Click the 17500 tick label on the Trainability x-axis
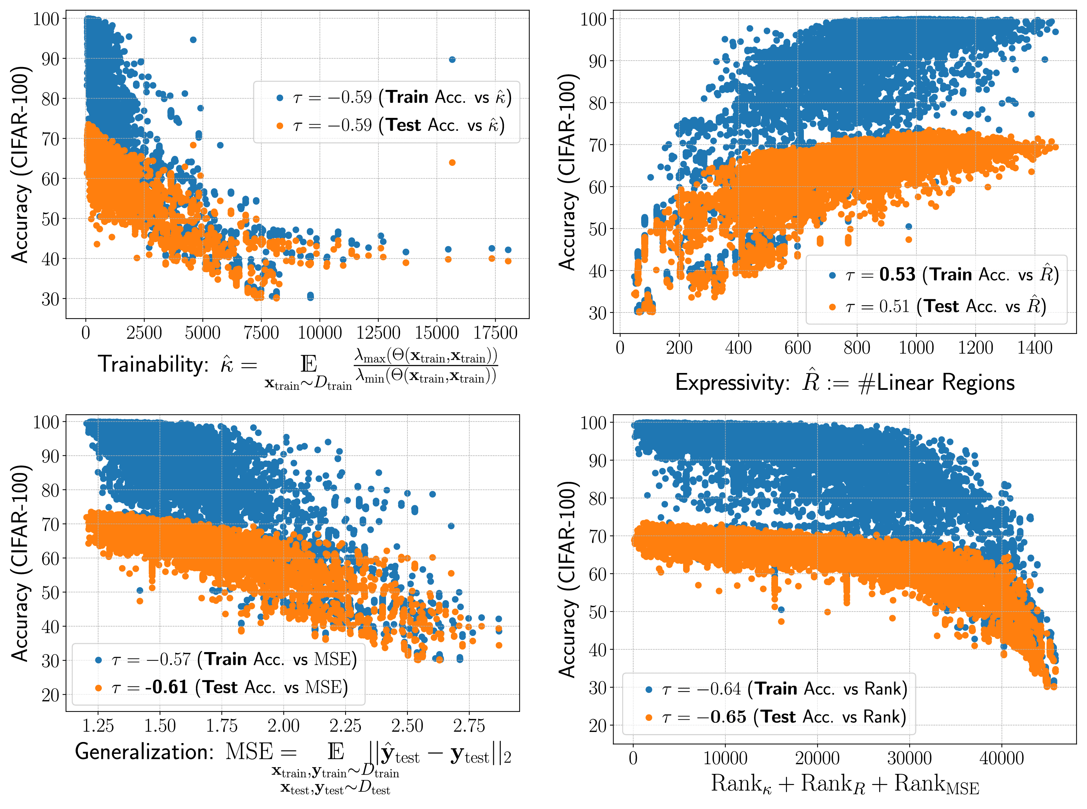[495, 333]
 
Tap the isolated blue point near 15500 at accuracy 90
[452, 60]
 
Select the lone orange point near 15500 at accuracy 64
[452, 163]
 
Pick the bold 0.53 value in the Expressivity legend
[897, 275]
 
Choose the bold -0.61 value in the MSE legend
[167, 687]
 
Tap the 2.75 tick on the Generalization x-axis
[469, 726]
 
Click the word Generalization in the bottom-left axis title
[144, 752]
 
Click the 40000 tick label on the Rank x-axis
[1001, 758]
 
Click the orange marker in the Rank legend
[649, 718]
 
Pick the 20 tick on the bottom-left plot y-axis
[51, 695]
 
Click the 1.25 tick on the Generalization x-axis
[98, 726]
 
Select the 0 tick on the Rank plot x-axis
[633, 758]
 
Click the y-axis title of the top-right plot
[568, 171]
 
